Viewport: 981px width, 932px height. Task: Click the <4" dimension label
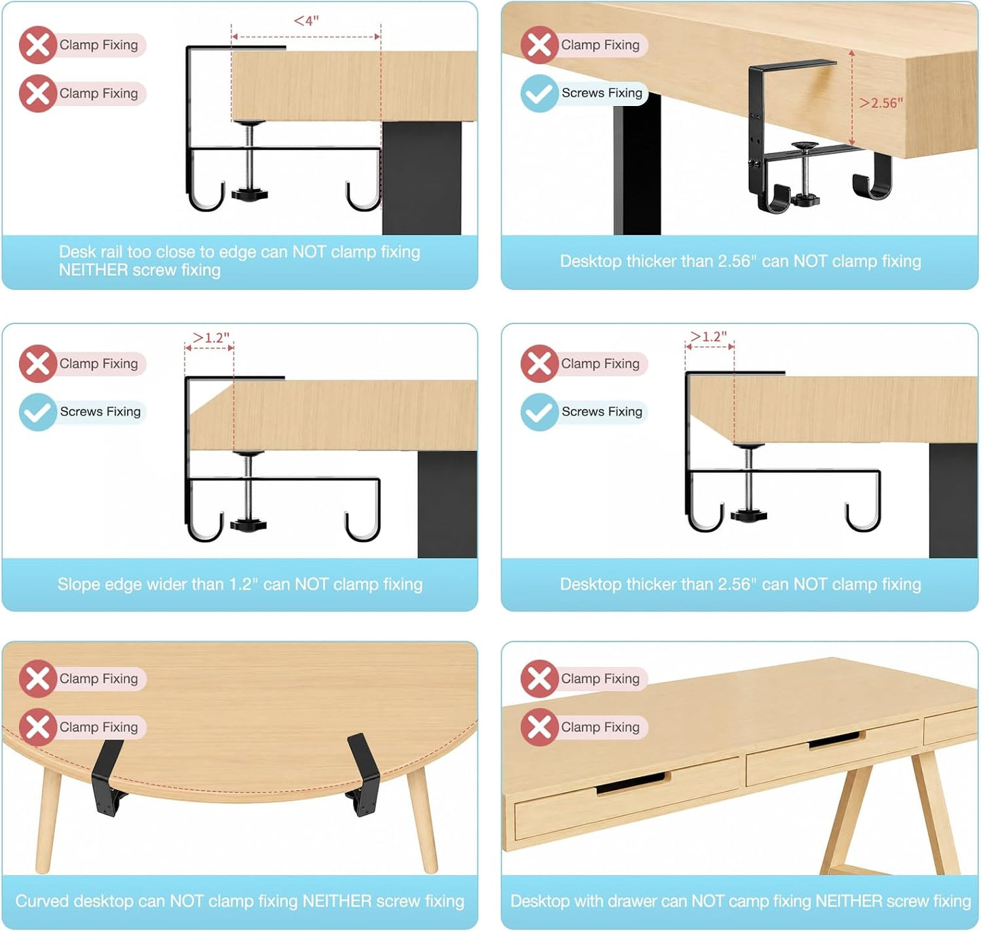click(x=306, y=20)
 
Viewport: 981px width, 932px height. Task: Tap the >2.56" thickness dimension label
click(x=881, y=103)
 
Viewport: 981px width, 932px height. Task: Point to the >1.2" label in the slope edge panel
click(x=211, y=338)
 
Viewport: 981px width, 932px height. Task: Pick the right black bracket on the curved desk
click(x=363, y=774)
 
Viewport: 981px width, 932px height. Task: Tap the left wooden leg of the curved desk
click(x=49, y=819)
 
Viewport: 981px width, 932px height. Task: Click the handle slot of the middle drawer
click(x=834, y=740)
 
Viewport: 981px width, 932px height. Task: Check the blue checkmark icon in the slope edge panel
click(x=37, y=412)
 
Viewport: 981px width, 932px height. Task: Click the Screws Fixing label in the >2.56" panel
click(x=601, y=93)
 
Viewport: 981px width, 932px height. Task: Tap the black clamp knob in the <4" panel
click(x=249, y=194)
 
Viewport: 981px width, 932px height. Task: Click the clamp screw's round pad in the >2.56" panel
click(x=804, y=146)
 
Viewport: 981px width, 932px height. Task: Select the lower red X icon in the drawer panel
click(x=539, y=727)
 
